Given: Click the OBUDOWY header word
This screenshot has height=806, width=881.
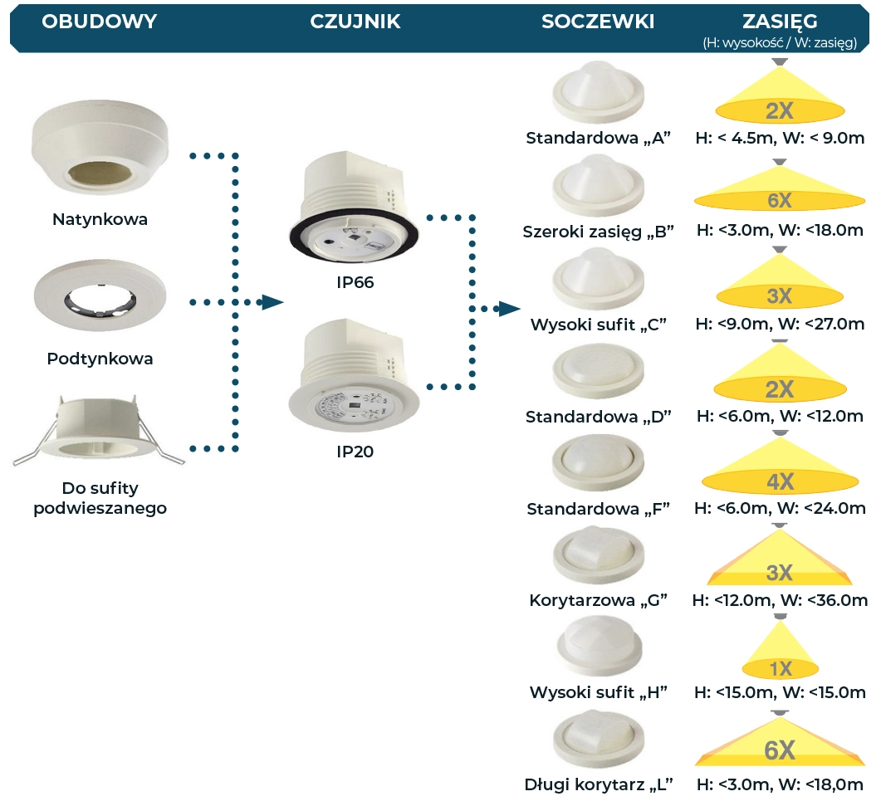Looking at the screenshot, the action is [100, 22].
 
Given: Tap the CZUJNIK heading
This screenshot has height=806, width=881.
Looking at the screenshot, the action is [355, 22].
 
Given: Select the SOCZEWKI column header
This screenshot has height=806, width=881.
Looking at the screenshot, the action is [598, 22].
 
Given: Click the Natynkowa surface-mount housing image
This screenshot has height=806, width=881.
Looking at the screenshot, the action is [100, 147].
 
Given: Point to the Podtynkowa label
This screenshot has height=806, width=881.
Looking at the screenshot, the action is [100, 359].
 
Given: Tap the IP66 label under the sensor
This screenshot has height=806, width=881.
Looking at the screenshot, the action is [355, 282].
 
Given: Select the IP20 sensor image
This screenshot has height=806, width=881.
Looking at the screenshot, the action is [354, 375].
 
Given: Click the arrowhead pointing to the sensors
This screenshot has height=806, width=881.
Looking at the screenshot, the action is [272, 303].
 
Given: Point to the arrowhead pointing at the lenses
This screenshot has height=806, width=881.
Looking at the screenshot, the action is [510, 308].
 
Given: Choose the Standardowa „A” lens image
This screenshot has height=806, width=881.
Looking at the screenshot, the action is [598, 92].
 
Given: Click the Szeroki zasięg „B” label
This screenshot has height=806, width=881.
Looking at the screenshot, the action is [598, 232].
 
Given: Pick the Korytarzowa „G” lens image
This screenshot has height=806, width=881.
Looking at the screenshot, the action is [598, 555].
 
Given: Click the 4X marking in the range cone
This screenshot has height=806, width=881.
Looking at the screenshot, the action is [780, 481].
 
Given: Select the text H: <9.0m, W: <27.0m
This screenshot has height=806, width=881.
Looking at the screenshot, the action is [780, 324].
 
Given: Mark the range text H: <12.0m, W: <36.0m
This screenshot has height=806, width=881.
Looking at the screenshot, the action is [780, 600].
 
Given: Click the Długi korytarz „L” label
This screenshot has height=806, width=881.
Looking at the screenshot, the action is [598, 784].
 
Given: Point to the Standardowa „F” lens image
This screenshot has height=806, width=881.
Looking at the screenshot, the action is [598, 464].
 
